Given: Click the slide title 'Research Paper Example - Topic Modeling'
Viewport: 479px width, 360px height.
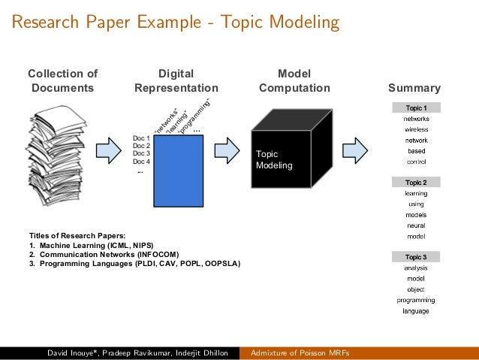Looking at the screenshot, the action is point(174,23).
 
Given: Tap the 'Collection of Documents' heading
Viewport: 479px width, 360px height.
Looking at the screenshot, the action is point(63,81).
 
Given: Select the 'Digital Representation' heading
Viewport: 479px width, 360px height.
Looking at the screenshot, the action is point(176,81).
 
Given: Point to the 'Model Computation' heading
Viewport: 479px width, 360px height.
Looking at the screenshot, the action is point(294,81).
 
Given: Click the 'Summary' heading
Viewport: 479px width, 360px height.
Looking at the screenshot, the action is point(414,88).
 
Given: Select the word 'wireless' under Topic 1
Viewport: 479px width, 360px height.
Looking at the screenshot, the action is point(416,129).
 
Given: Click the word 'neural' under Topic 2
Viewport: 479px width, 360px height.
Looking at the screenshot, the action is point(416,225).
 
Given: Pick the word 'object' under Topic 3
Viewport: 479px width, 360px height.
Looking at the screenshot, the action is point(416,289).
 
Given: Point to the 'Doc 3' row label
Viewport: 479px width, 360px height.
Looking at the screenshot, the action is point(141,153).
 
